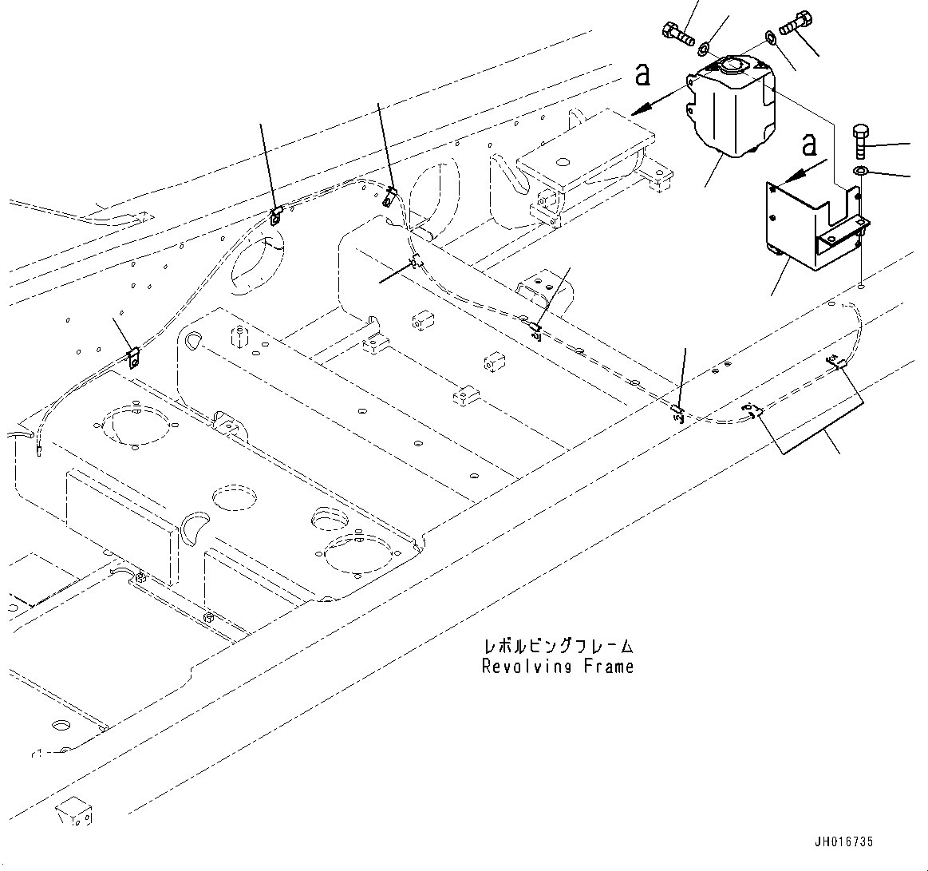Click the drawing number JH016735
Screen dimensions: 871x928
click(844, 841)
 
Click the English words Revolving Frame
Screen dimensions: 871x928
click(558, 666)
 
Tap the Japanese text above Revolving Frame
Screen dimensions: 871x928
click(558, 646)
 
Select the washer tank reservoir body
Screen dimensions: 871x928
click(730, 112)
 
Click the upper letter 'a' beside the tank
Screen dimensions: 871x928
click(642, 74)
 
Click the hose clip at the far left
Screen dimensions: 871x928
click(133, 356)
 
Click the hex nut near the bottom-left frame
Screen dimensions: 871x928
click(208, 616)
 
